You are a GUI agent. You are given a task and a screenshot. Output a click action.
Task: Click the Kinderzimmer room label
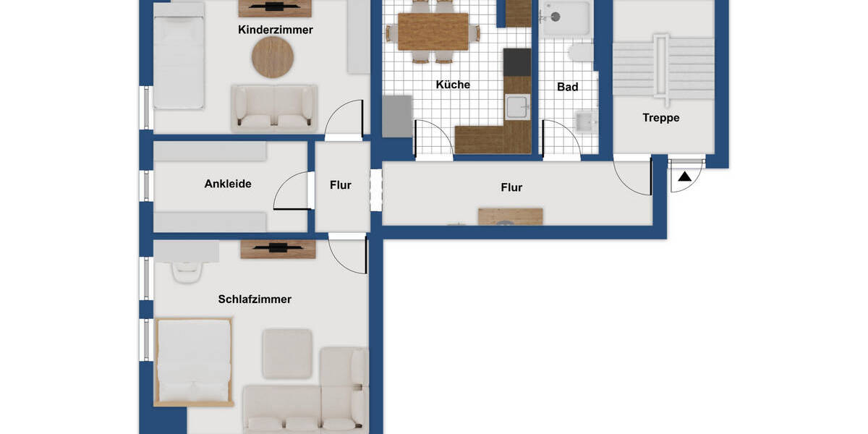[276, 30]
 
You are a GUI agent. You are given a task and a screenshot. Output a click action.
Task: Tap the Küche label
[453, 85]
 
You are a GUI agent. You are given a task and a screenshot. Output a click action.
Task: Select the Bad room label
[568, 87]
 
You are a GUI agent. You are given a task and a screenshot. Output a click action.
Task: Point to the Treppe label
[661, 117]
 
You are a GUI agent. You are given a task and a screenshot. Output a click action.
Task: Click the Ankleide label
[228, 184]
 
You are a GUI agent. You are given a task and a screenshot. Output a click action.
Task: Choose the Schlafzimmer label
[255, 299]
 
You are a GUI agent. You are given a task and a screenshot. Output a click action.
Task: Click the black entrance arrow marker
[684, 176]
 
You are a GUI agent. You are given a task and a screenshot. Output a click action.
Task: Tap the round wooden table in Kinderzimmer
[273, 57]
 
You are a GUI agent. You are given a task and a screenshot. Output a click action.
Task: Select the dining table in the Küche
[433, 31]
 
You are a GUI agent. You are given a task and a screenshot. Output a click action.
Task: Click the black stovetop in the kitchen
[517, 61]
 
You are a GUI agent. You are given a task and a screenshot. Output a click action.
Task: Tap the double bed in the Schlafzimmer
[194, 360]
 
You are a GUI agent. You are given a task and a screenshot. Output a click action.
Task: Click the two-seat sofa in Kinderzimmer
[274, 109]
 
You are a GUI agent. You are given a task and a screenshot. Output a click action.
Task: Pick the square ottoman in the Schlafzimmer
[287, 353]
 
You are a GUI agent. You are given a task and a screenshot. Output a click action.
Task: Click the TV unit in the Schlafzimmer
[278, 249]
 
